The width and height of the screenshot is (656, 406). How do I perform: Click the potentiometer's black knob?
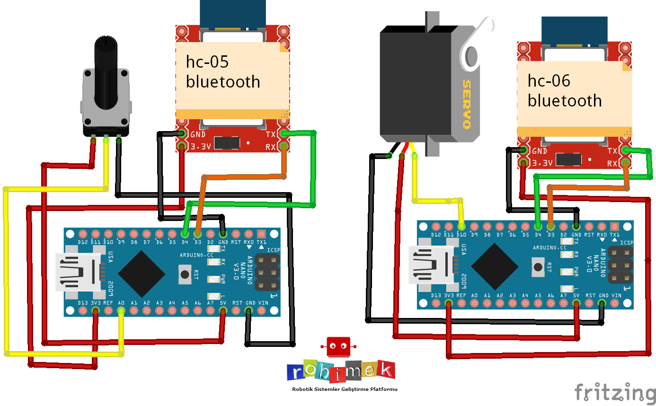point(106,71)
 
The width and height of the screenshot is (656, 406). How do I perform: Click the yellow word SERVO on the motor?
point(466,105)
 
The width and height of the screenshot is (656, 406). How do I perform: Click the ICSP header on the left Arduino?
point(267,272)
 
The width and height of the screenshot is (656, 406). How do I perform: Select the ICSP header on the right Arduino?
point(620,265)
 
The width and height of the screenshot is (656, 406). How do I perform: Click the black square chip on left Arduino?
point(142,273)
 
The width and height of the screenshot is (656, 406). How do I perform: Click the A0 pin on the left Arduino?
point(121,310)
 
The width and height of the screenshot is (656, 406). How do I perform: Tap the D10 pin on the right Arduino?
point(461,227)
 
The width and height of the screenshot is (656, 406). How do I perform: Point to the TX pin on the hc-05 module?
point(284,134)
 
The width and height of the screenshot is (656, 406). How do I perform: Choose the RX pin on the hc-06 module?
point(626,163)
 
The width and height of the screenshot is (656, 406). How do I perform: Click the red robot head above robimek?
point(338,347)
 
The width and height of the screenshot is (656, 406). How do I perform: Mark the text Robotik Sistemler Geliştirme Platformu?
point(345,389)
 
